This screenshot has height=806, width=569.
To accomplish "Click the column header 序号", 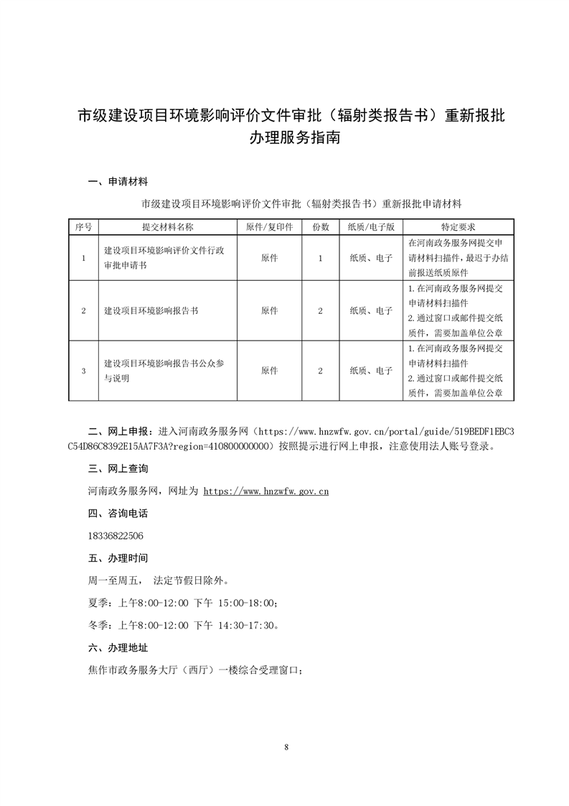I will pyautogui.click(x=83, y=226).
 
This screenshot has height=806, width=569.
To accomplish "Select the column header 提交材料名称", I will pyautogui.click(x=168, y=226).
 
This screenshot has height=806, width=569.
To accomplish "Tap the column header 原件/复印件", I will pyautogui.click(x=270, y=226).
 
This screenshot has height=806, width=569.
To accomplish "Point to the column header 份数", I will pyautogui.click(x=321, y=226).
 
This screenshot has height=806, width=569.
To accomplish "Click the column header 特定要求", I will pyautogui.click(x=453, y=226).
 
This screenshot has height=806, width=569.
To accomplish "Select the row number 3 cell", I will pyautogui.click(x=83, y=371).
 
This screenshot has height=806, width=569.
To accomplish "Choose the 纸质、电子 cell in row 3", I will pyautogui.click(x=371, y=371).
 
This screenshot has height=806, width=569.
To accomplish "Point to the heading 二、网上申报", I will pyautogui.click(x=119, y=431).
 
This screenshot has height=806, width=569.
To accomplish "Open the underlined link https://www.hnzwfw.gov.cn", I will pyautogui.click(x=266, y=492).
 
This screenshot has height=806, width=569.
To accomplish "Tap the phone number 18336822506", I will pyautogui.click(x=114, y=536).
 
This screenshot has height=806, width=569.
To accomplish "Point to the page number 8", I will pyautogui.click(x=286, y=748).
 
